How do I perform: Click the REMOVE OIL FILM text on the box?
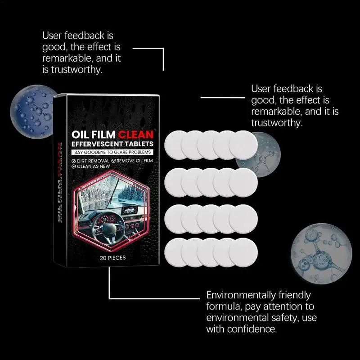pyautogui.click(x=133, y=160)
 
